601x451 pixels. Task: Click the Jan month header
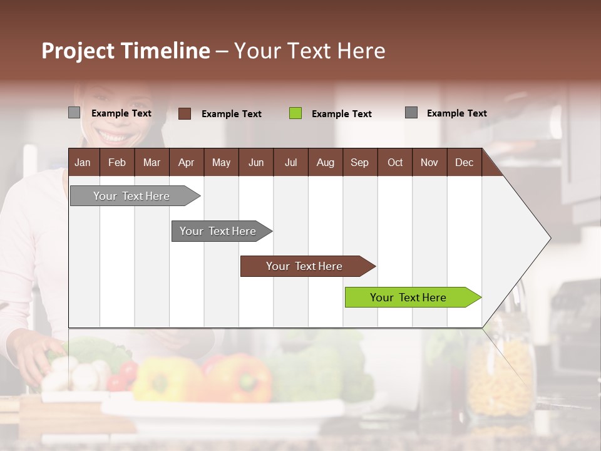(83, 163)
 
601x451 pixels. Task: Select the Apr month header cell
(186, 163)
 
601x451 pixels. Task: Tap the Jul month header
(290, 163)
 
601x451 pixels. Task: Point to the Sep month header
(359, 163)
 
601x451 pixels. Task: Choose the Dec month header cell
(464, 163)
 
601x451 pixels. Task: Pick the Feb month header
(117, 163)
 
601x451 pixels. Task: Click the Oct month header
(395, 163)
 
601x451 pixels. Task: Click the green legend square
(295, 113)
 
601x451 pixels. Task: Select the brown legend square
(185, 113)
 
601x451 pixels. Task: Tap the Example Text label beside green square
(342, 114)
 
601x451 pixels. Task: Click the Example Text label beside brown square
(232, 114)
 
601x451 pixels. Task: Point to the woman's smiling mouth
(113, 135)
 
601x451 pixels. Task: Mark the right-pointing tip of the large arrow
(550, 238)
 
